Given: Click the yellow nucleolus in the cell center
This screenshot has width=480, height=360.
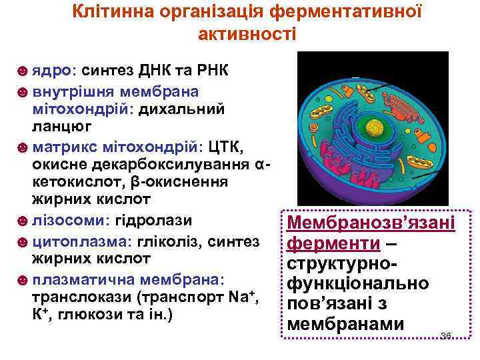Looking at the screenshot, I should pyautogui.click(x=377, y=126).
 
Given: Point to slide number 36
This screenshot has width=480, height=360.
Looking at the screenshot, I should pyautogui.click(x=446, y=335).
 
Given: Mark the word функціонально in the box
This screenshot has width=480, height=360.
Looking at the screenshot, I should pyautogui.click(x=357, y=285).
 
